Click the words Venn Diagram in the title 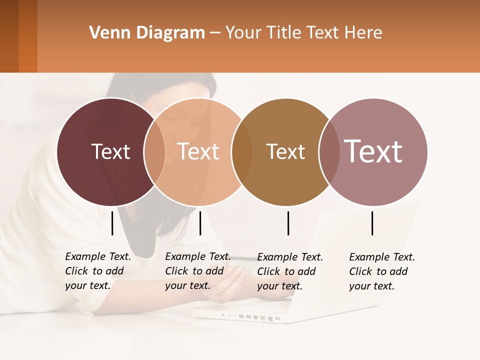147,33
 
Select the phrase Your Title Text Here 303,33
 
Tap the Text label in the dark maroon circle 110,151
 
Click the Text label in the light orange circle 198,151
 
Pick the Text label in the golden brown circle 285,151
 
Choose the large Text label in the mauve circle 373,151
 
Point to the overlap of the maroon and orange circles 154,151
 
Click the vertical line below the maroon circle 112,223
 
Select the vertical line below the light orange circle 200,223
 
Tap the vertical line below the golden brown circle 288,223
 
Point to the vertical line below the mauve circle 372,223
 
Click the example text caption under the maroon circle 98,271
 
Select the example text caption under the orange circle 198,271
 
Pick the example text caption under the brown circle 290,271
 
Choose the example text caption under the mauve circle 382,271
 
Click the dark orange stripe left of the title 27,36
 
